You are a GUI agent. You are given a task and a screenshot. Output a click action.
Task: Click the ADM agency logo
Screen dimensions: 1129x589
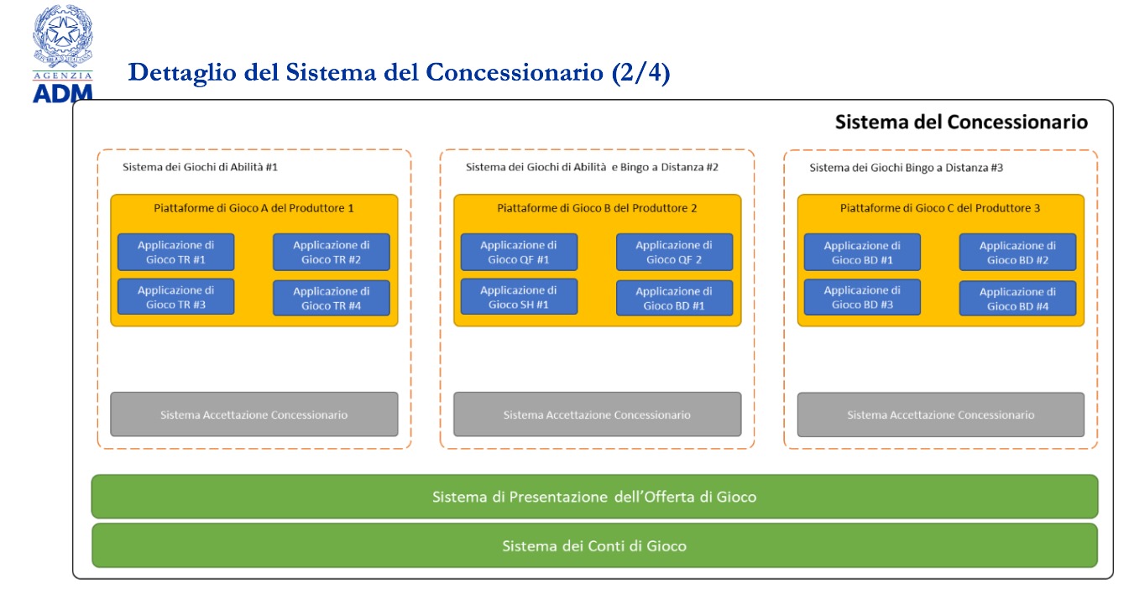(62, 54)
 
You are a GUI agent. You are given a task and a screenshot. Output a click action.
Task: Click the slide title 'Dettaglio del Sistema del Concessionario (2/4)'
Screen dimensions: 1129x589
(399, 72)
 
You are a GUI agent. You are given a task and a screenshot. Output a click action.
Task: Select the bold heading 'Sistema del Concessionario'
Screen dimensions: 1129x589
(961, 122)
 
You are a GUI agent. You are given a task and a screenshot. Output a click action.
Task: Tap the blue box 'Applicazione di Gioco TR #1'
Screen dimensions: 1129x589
(176, 252)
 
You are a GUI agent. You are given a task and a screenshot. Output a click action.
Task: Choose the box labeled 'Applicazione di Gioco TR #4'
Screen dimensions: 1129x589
(331, 299)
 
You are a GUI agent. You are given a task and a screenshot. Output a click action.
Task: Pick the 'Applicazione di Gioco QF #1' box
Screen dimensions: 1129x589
(519, 252)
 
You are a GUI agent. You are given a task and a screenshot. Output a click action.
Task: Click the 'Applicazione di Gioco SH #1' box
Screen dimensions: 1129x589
(519, 297)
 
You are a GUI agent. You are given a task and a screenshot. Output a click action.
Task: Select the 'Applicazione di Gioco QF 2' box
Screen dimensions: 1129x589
(674, 252)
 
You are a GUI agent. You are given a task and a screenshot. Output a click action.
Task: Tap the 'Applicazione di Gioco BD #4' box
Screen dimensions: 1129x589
(1017, 299)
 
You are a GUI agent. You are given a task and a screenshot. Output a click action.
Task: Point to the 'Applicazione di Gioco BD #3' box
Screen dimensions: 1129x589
(862, 297)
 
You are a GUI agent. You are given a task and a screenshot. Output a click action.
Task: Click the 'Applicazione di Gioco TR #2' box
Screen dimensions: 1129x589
(331, 252)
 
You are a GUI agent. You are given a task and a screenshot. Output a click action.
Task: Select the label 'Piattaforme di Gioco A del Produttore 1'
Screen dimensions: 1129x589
(254, 208)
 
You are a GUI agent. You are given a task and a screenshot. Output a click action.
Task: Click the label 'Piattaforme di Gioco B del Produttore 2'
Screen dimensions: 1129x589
(597, 208)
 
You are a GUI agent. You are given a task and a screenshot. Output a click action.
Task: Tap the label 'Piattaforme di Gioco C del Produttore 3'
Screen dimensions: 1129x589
(940, 208)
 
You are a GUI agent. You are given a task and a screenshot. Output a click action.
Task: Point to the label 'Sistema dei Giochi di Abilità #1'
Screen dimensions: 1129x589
(200, 167)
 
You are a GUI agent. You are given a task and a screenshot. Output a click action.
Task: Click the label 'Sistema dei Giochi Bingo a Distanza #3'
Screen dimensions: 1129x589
(907, 168)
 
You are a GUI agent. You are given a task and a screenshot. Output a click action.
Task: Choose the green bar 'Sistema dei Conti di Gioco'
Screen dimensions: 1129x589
(595, 545)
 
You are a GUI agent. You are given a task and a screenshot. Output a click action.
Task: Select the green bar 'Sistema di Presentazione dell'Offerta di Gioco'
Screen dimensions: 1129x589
(595, 497)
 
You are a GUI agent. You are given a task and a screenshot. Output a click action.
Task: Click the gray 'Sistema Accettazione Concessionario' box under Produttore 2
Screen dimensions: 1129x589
(598, 414)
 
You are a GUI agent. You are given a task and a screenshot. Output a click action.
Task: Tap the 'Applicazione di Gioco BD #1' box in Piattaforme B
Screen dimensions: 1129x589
(674, 299)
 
